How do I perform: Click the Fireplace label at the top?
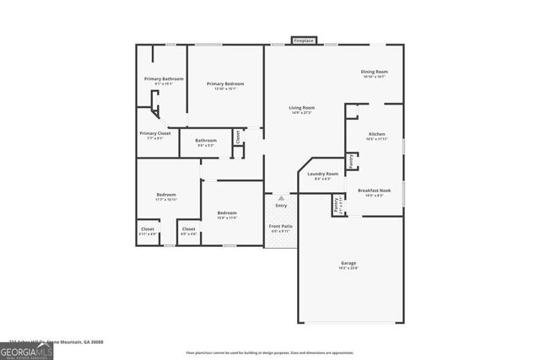304,40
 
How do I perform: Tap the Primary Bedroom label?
225,83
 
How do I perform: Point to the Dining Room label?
374,73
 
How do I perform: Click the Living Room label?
301,108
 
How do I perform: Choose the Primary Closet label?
155,133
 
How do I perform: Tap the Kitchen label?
376,134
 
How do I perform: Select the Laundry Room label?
322,174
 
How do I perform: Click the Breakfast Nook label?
374,191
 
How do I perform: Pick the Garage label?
348,263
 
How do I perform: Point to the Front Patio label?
281,227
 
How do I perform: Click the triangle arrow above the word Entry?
281,198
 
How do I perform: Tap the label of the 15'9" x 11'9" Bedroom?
227,212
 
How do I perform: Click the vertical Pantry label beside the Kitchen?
350,159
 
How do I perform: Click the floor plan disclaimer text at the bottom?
269,352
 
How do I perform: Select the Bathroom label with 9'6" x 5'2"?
206,141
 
